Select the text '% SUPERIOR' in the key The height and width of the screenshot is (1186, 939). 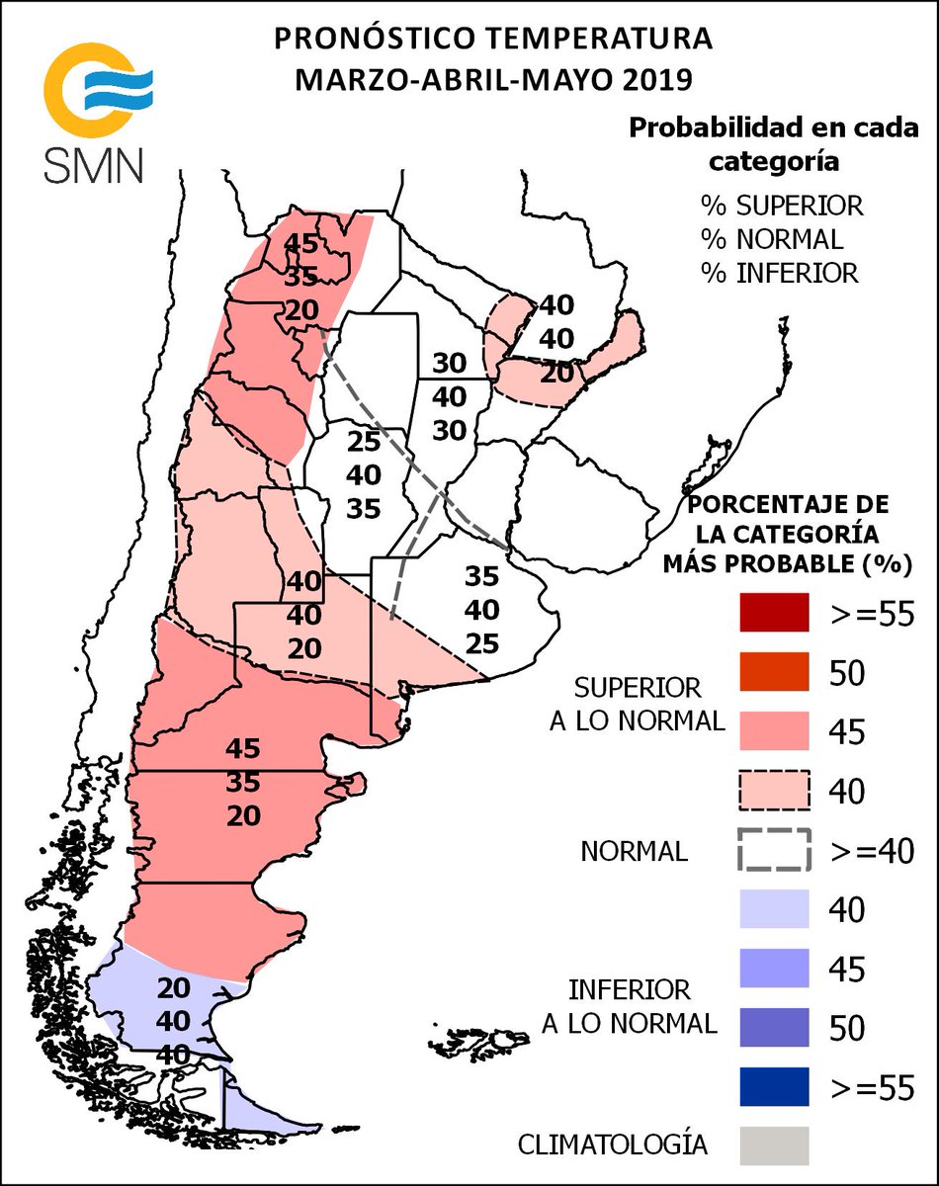(x=782, y=206)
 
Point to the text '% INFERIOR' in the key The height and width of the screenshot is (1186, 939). (x=780, y=273)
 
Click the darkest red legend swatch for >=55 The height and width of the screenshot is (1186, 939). (x=774, y=613)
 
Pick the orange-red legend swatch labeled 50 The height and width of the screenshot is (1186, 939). (x=774, y=672)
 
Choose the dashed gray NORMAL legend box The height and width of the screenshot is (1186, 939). (x=774, y=849)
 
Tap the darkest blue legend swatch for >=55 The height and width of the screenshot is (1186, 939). (x=774, y=1086)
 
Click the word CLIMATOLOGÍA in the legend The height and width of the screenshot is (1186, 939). (x=613, y=1144)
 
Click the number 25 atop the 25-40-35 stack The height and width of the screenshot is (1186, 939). (x=364, y=443)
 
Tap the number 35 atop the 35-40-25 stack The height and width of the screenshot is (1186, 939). (x=482, y=576)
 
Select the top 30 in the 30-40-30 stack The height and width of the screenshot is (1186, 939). (x=449, y=363)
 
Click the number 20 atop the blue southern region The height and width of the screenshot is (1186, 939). (x=174, y=988)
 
